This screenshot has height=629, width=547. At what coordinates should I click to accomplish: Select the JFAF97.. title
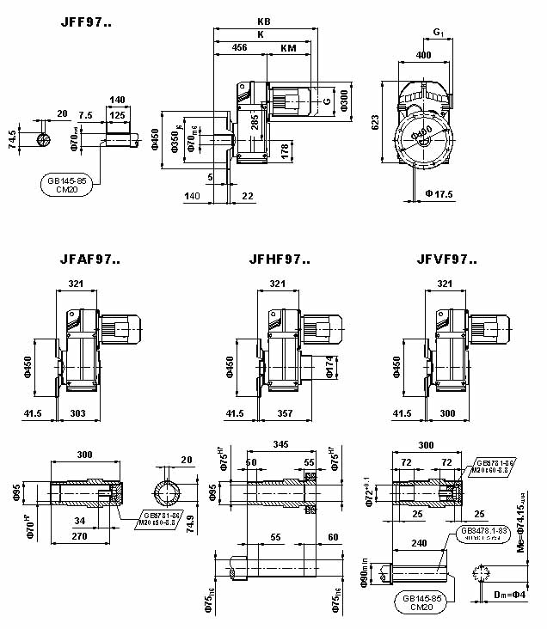click(90, 258)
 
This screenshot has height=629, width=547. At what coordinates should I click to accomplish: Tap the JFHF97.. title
click(280, 258)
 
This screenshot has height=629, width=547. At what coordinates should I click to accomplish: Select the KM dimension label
click(289, 50)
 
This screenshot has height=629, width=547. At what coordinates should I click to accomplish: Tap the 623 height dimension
click(375, 124)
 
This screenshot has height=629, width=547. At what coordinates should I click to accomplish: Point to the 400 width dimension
click(423, 55)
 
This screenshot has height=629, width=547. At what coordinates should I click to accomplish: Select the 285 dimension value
click(255, 122)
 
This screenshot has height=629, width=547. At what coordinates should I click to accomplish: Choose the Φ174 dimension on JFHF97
click(329, 367)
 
